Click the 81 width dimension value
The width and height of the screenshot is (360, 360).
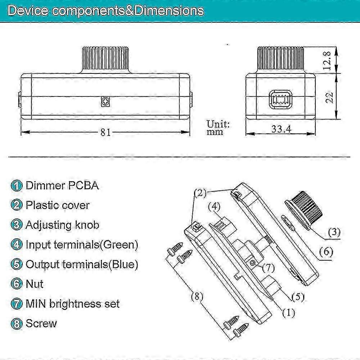(105, 132)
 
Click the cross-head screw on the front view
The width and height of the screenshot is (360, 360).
(105, 103)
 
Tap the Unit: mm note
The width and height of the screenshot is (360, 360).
(218, 128)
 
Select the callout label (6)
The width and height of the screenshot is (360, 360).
(325, 252)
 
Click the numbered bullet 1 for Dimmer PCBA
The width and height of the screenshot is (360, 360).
(16, 186)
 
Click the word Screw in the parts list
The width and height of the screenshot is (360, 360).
(41, 323)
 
